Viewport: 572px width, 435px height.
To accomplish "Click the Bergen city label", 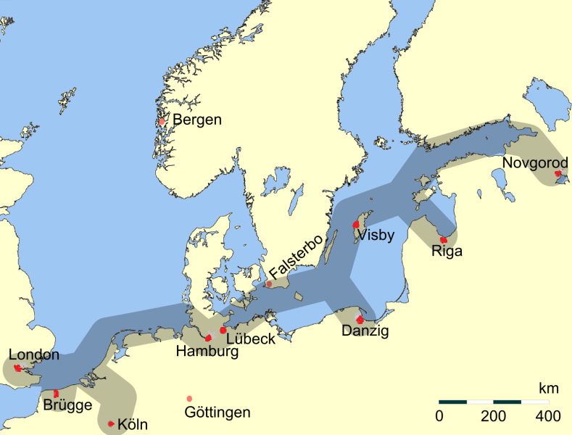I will click(197, 120).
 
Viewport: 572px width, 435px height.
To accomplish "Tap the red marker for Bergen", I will click(162, 121).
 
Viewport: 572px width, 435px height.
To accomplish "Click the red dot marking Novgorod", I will click(558, 174).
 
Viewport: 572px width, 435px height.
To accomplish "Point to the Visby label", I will click(376, 233).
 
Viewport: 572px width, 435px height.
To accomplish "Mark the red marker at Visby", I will click(356, 225).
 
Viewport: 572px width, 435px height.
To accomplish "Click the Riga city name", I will click(446, 252).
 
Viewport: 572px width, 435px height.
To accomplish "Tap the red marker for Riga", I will click(444, 239).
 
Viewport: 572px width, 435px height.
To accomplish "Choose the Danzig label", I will click(365, 331).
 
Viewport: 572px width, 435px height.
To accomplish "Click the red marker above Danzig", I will click(360, 319).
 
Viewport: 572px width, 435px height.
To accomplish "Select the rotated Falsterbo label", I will click(295, 262).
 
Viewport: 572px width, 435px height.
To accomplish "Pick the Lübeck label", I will click(250, 338).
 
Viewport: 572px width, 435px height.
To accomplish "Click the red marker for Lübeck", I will click(223, 330).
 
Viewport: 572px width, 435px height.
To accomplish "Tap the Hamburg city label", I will click(207, 352).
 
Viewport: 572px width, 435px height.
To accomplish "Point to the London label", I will click(34, 355).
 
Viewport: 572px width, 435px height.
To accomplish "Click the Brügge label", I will click(67, 405).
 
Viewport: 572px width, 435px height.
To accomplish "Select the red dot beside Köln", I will click(111, 423).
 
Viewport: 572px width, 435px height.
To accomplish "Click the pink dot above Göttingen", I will click(190, 399).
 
